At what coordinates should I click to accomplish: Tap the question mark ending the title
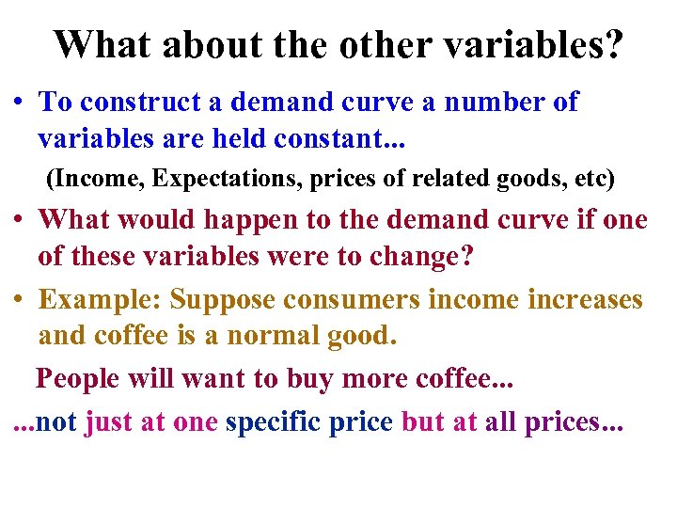point(612,44)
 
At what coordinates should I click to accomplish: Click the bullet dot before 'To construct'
point(20,103)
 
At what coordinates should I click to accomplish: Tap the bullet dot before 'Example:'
point(20,300)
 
